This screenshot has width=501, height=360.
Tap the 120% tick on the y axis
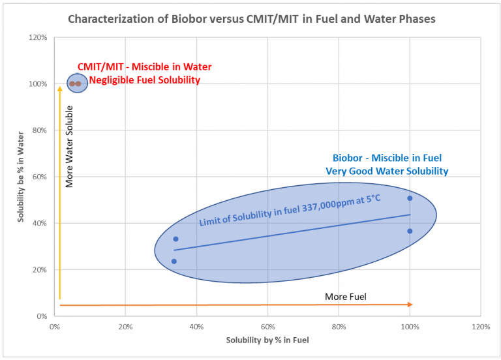(38, 37)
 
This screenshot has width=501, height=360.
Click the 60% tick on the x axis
(267, 326)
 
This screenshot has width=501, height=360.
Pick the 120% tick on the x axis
(481, 326)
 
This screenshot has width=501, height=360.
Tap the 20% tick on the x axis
(125, 326)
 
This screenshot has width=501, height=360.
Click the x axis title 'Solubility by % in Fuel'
(267, 340)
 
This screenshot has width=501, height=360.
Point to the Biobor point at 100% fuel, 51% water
(410, 198)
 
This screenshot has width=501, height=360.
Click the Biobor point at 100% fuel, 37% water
(410, 231)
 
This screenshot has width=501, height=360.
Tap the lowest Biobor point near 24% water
(174, 262)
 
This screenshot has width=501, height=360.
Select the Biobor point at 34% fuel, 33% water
(175, 239)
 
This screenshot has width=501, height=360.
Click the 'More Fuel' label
(346, 297)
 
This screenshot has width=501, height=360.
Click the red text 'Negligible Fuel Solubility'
(144, 80)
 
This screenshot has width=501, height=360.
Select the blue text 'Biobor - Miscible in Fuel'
(387, 158)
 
